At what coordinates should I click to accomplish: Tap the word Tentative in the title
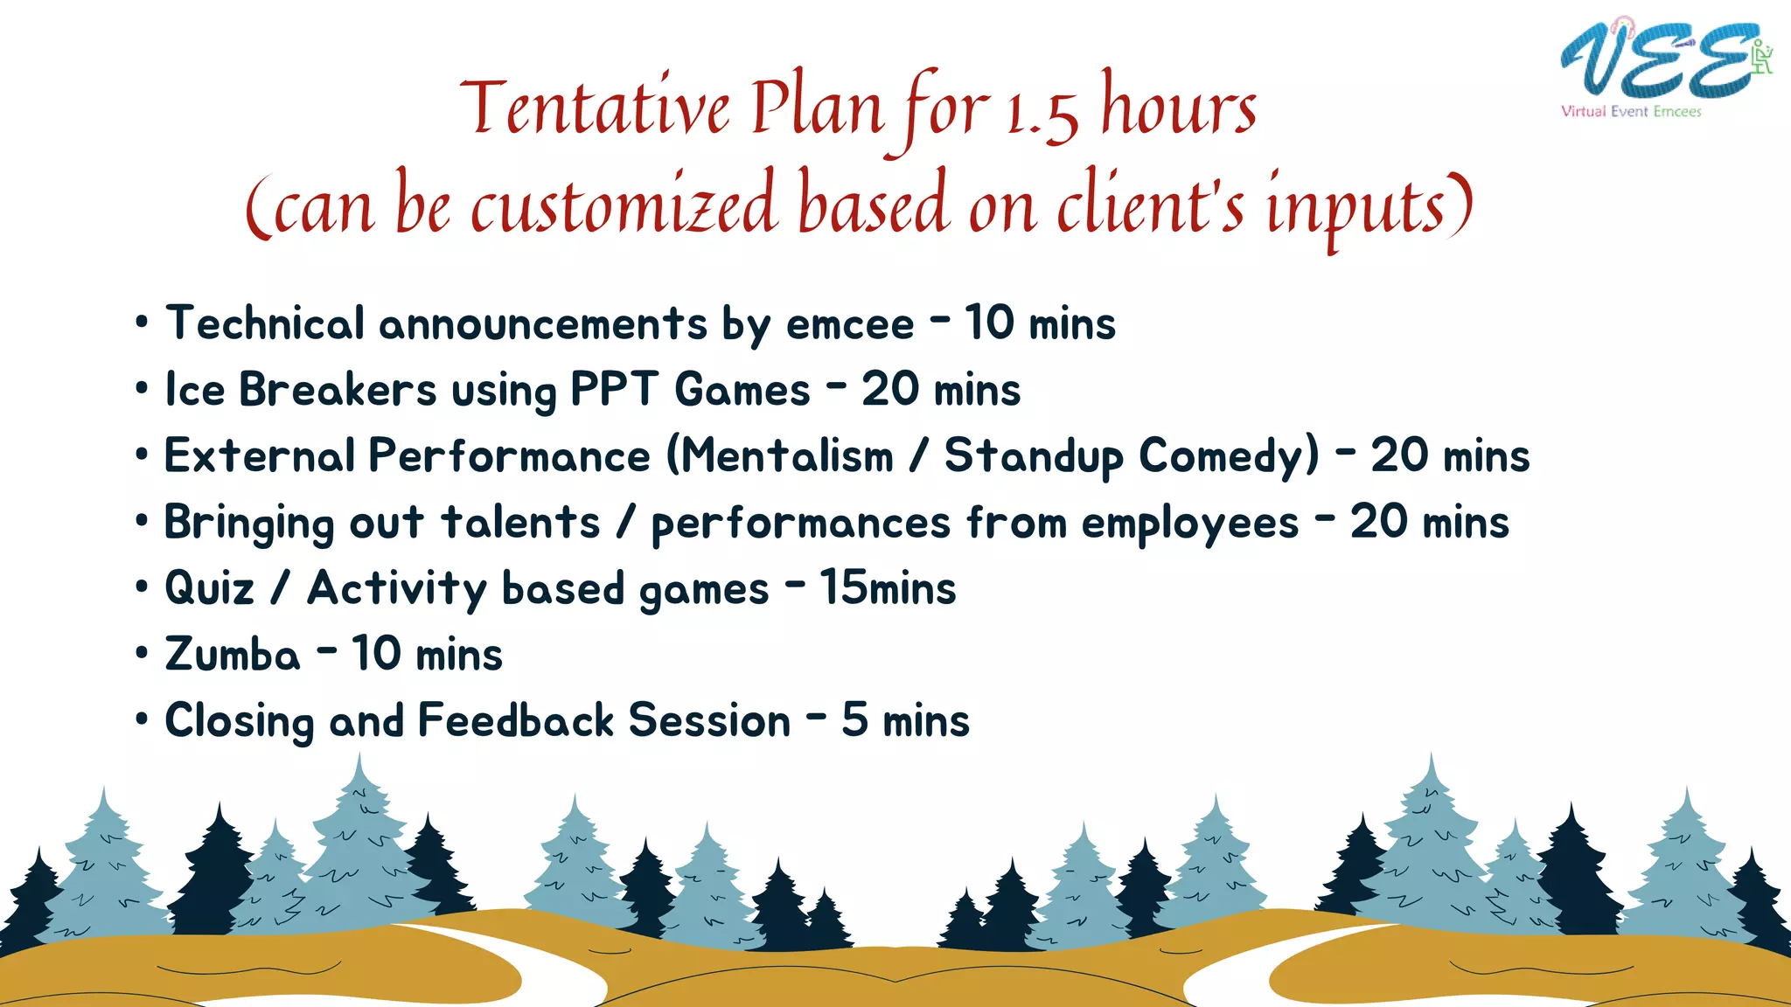595,108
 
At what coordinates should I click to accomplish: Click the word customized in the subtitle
623,206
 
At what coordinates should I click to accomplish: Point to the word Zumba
232,655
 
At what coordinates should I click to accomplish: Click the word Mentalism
786,456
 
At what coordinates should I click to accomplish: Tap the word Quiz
209,588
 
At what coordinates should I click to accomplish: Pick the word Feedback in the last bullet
516,721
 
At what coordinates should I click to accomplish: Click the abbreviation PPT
614,390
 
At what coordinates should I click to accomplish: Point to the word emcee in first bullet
849,324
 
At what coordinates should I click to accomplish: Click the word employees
1190,524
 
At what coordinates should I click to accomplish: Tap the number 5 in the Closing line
854,720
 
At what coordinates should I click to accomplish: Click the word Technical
265,323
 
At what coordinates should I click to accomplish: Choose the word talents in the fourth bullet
520,523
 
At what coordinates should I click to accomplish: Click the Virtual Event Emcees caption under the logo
1631,112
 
